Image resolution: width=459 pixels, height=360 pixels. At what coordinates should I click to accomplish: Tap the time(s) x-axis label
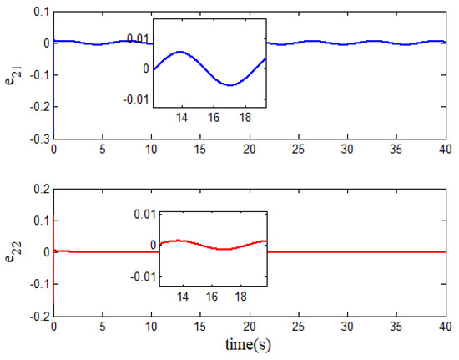coord(250,342)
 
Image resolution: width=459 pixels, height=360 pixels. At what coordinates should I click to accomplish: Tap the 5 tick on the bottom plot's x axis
coord(103,327)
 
